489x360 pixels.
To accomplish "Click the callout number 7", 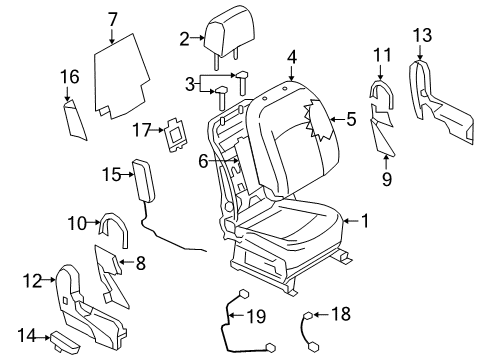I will tap(112, 17).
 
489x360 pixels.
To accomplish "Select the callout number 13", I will tap(422, 35).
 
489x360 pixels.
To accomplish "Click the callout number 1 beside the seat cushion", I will tap(366, 221).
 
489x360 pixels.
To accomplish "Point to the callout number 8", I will tap(141, 265).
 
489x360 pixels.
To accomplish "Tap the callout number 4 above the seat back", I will tap(291, 56).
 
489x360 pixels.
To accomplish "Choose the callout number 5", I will tap(351, 118).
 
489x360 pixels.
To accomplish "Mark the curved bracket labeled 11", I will tap(381, 92).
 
